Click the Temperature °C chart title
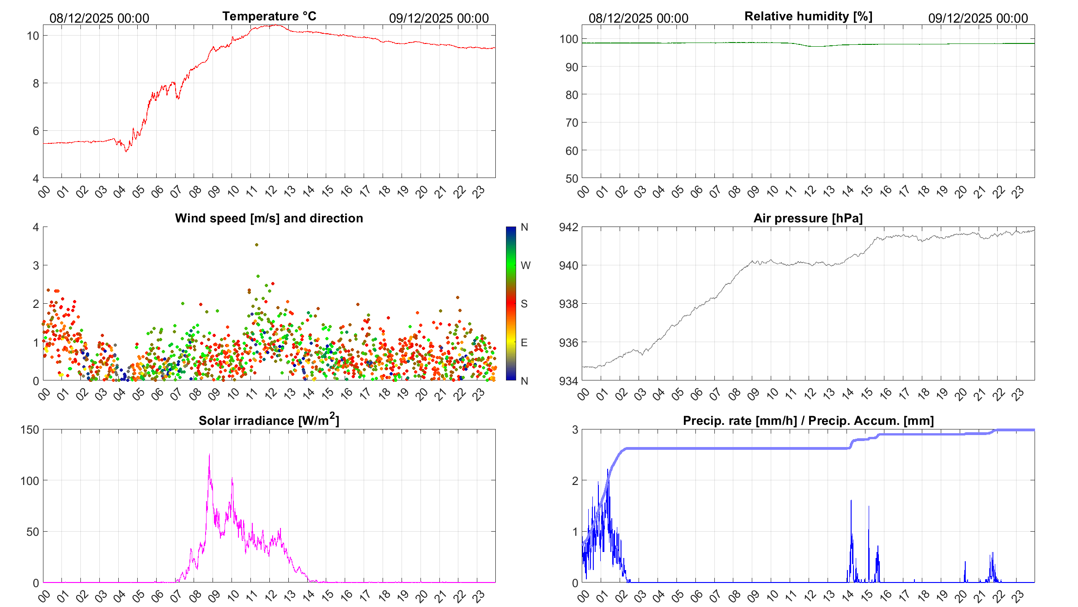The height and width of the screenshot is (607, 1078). pos(269,16)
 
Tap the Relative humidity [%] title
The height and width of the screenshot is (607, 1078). pos(808,16)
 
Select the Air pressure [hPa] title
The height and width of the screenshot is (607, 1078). pos(808,218)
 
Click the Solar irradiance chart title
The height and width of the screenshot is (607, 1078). pos(268,420)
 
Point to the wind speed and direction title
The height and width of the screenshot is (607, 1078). pos(269,218)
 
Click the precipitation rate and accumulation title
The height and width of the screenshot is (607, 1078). pos(808,421)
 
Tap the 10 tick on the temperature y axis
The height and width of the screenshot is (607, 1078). pos(33,36)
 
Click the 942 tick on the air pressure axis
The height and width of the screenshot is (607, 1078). pos(568,227)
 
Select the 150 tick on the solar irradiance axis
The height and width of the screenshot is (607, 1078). pos(30,429)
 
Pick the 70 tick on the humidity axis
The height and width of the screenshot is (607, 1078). pos(572,123)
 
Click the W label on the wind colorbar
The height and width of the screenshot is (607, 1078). pos(525,265)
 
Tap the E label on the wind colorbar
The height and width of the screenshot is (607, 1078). pos(524,343)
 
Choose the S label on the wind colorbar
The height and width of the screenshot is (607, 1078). pos(524,304)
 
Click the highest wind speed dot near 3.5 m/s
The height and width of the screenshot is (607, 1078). pos(256,245)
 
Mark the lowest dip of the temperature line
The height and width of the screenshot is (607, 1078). pos(127,151)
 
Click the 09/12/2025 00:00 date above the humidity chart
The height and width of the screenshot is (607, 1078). pos(978,18)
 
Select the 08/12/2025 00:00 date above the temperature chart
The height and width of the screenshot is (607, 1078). pos(99,18)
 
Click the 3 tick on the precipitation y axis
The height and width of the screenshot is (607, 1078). pos(575,429)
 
